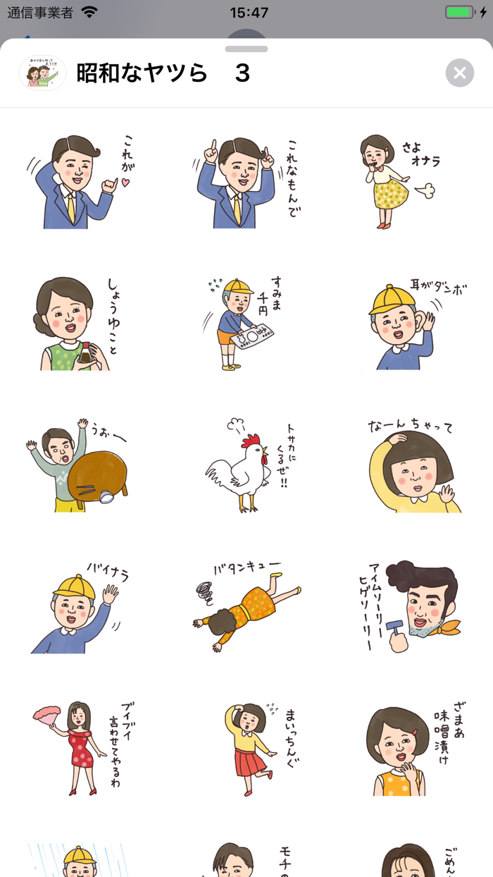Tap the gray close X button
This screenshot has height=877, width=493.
(459, 73)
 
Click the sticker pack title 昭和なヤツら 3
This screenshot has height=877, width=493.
(163, 73)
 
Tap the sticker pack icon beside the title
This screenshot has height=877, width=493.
(42, 73)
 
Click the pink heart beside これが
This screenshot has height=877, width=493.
(126, 183)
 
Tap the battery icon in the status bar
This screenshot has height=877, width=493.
(461, 12)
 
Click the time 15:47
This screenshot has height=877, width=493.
(249, 12)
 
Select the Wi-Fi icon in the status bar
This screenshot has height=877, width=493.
(89, 12)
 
